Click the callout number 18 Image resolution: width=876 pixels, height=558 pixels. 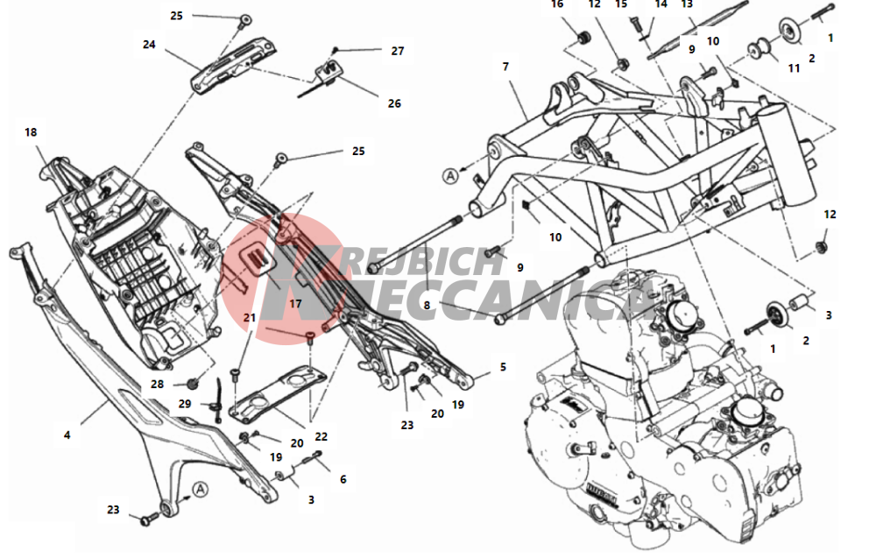pos(31,132)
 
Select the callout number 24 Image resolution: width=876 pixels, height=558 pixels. pos(149,44)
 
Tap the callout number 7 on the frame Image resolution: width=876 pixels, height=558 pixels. pos(505,67)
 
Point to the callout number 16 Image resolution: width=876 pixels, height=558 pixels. pos(557,4)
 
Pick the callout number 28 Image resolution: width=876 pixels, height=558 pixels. pos(158,385)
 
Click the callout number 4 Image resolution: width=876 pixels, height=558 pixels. pos(67,434)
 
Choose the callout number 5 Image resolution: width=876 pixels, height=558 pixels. pos(503,367)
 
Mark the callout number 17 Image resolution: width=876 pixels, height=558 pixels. pos(295,304)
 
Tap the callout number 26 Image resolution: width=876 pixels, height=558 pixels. pos(394,103)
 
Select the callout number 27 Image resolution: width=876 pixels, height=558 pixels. pos(398,51)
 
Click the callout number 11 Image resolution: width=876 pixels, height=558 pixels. pos(794,68)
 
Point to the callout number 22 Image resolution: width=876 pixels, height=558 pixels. pos(321,436)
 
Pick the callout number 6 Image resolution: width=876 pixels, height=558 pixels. pos(343,479)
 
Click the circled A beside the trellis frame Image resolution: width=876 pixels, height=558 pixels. pos(450,176)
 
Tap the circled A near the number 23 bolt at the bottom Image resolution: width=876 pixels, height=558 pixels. pos(200,490)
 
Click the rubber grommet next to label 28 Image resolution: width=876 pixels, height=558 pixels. pos(193,383)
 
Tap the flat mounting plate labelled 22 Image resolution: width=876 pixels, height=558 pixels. pos(279,392)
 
